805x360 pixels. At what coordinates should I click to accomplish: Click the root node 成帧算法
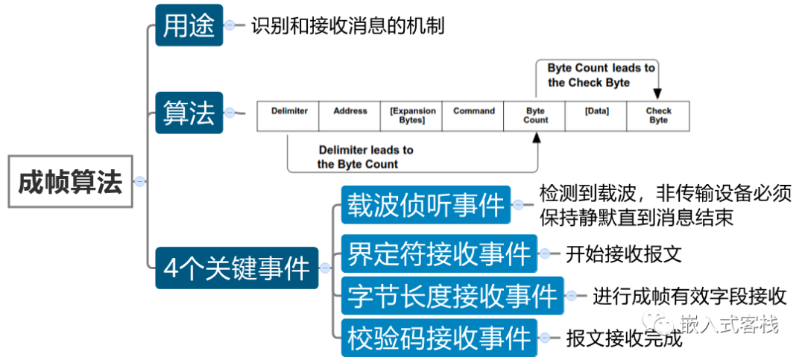(70, 182)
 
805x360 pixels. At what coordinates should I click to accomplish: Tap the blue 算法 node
(189, 113)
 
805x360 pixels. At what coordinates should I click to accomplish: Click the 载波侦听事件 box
(426, 205)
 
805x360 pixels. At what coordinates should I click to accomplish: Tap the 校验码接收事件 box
(439, 338)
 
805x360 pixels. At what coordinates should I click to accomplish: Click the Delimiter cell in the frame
(289, 116)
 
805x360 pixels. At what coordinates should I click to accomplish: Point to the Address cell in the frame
(350, 116)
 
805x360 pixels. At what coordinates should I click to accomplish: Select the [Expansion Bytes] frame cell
(411, 116)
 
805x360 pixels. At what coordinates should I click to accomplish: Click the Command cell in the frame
(473, 116)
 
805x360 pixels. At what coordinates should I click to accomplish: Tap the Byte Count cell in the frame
(535, 116)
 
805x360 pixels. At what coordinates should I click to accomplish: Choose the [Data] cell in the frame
(596, 116)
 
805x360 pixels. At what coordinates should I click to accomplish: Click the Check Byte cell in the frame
(658, 116)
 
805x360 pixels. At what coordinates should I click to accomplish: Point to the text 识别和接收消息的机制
(347, 26)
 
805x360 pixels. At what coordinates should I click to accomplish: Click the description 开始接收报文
(623, 253)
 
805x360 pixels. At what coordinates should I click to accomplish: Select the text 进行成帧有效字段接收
(689, 297)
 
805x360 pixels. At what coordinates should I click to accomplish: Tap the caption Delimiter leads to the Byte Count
(364, 157)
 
